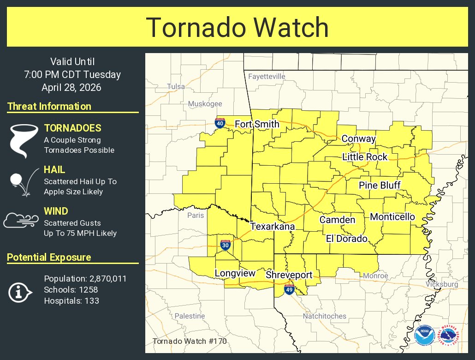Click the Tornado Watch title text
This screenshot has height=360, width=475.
(237, 27)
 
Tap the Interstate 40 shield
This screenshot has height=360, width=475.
(220, 123)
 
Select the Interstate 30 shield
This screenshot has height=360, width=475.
(225, 245)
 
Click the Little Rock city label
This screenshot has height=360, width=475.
(365, 157)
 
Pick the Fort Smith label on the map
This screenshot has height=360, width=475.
(257, 124)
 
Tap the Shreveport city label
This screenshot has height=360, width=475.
(289, 275)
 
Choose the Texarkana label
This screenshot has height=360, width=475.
(272, 227)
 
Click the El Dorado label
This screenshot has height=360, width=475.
(346, 239)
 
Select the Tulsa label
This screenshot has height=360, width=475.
(176, 86)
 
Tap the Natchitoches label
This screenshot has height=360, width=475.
(324, 316)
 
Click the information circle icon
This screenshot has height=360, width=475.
(20, 292)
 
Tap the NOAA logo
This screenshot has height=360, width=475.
(423, 336)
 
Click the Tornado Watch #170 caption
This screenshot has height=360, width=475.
(189, 342)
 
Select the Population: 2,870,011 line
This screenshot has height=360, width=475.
(85, 279)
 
